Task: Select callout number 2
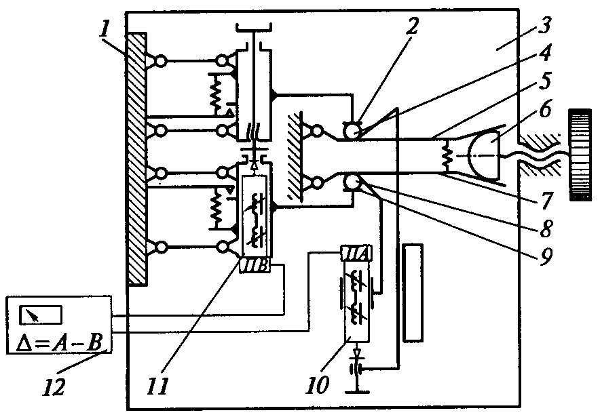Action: [x=413, y=26]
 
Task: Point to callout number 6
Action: [x=545, y=110]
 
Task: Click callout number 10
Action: [x=318, y=384]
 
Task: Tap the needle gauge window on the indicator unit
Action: [x=41, y=315]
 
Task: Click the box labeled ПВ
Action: [x=255, y=266]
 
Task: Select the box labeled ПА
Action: [x=356, y=253]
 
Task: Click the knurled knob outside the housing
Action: [x=580, y=155]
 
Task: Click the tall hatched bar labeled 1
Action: [x=137, y=159]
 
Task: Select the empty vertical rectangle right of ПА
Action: [x=413, y=292]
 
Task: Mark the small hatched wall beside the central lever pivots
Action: [x=295, y=155]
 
